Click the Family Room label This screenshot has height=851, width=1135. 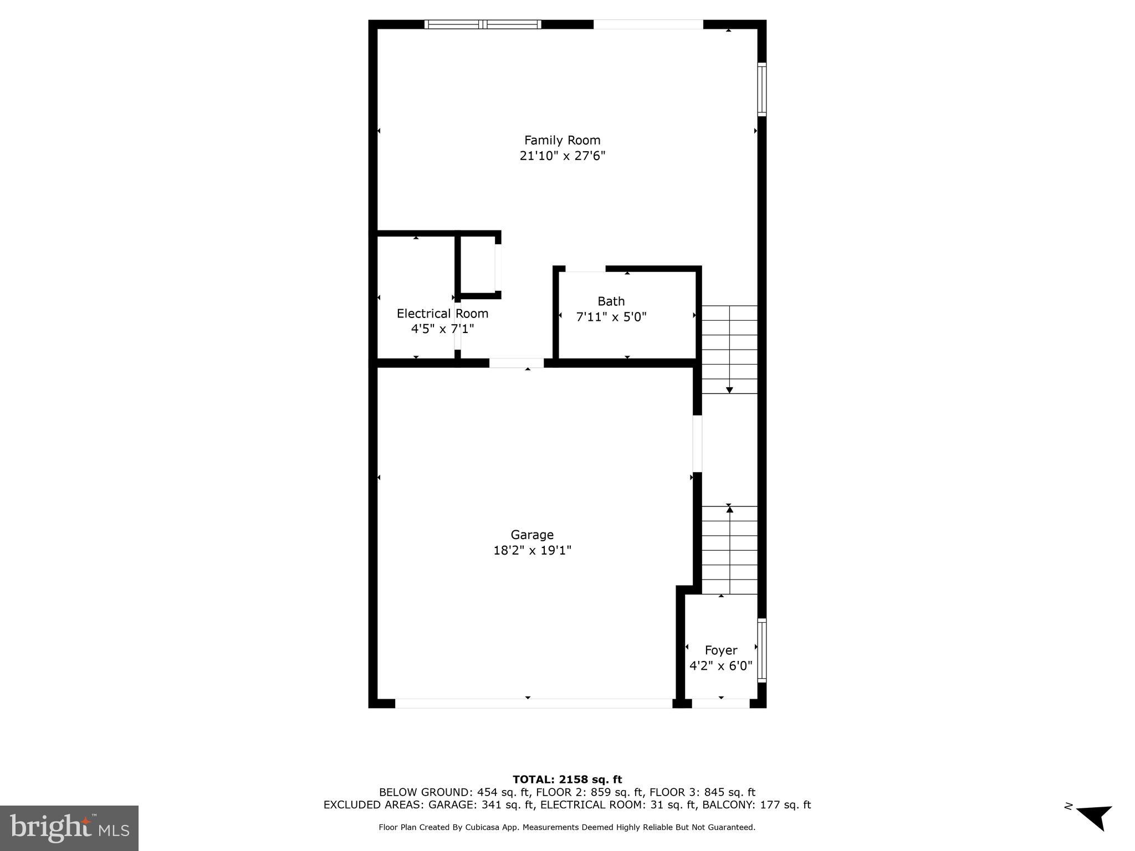(562, 140)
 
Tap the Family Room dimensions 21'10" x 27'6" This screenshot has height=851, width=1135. (562, 156)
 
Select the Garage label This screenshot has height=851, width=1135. (532, 535)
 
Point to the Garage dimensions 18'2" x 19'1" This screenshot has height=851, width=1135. (532, 550)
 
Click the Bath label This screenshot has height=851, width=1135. (611, 301)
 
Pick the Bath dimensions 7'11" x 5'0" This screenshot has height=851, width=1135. (611, 317)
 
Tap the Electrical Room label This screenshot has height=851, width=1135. (442, 314)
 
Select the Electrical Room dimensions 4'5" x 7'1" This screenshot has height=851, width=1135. (442, 329)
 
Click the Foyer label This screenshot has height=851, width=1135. (720, 650)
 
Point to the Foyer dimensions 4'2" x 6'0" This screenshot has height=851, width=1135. (720, 665)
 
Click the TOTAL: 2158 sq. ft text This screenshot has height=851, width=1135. (567, 780)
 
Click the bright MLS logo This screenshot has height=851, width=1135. (69, 828)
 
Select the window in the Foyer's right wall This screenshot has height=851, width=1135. (762, 650)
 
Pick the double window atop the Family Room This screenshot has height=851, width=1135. (482, 24)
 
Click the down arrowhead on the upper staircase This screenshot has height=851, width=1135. (729, 390)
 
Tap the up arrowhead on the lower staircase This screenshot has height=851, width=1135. (729, 509)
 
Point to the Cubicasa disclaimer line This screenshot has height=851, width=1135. (567, 827)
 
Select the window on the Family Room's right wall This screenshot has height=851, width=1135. (762, 89)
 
